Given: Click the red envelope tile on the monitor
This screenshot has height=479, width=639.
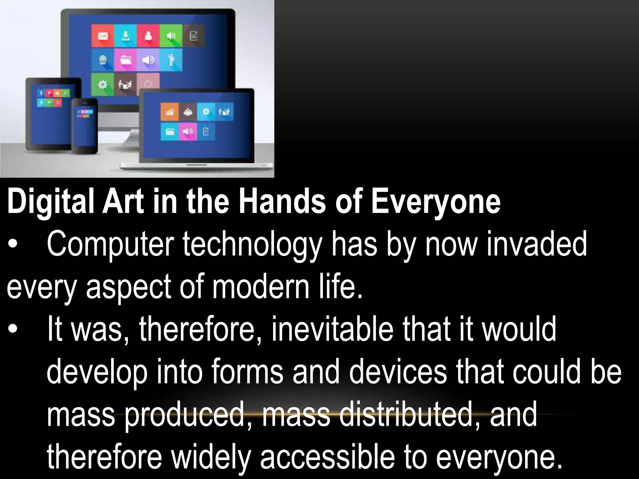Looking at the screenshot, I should click(x=103, y=36).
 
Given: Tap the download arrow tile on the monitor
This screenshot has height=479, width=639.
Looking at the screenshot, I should click(x=125, y=36).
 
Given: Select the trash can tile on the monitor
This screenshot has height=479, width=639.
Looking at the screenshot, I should click(x=103, y=60).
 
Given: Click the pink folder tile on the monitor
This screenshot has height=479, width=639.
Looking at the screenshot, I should click(x=125, y=60).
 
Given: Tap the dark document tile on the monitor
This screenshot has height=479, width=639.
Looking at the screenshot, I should click(x=194, y=36).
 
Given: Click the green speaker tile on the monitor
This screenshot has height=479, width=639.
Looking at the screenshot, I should click(x=171, y=36).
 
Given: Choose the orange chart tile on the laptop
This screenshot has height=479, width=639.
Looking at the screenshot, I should click(x=169, y=112).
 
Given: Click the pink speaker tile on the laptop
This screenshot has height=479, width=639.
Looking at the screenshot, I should click(x=188, y=131).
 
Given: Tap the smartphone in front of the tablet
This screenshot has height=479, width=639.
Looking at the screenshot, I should click(x=85, y=125).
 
